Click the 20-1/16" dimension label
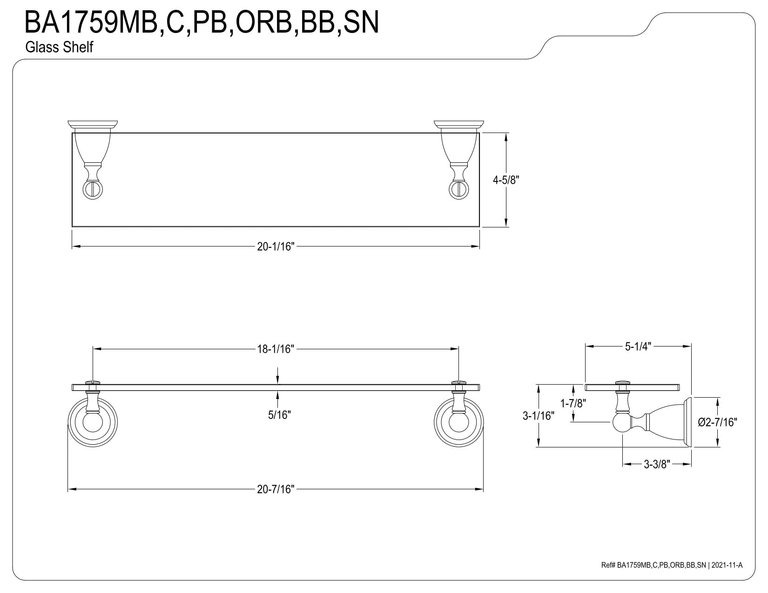coord(276,246)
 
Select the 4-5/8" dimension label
coord(506,180)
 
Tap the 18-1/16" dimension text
coord(276,349)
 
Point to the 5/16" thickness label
coord(279,415)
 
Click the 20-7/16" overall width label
coord(276,489)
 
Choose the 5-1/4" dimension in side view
coord(638,346)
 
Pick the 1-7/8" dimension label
coord(573,403)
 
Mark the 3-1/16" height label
coord(539,416)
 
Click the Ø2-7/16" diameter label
coord(717,422)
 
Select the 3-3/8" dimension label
coord(657,464)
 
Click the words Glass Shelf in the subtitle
coord(60,47)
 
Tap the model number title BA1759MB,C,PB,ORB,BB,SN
coord(202,22)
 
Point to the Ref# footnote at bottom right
coord(672,575)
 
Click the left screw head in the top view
coord(93,190)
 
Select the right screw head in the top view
coord(459,190)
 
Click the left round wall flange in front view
coord(93,422)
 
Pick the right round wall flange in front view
coord(459,422)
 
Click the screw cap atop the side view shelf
coord(623,382)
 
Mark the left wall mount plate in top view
coord(93,124)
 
